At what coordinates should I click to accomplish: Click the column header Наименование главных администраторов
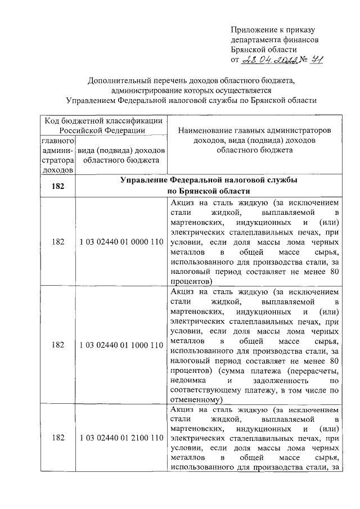(x=254, y=130)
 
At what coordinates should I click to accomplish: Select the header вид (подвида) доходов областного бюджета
(x=120, y=155)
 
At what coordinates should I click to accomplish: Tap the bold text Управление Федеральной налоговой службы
(x=209, y=181)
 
